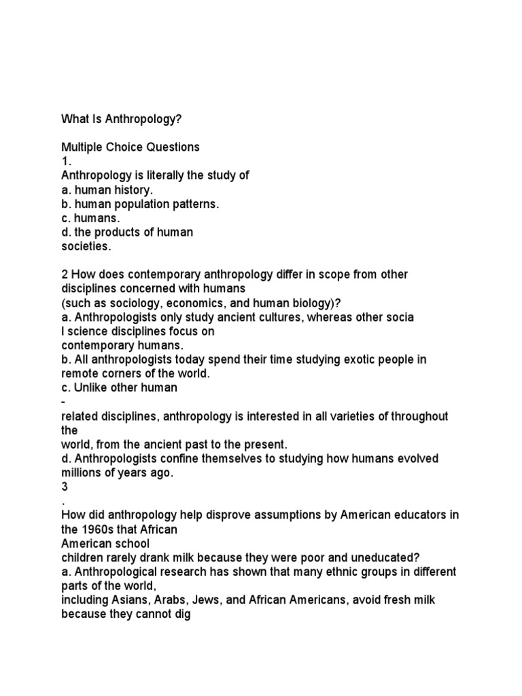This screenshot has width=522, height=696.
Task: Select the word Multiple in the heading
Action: coord(80,147)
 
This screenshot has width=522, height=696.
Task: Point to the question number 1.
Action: coord(66,161)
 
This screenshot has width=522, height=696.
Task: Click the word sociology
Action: coord(125,303)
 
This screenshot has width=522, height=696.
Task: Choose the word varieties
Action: coord(368,416)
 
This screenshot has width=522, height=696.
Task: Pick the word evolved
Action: coord(419,459)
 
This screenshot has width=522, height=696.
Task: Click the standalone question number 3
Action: coord(65,487)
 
